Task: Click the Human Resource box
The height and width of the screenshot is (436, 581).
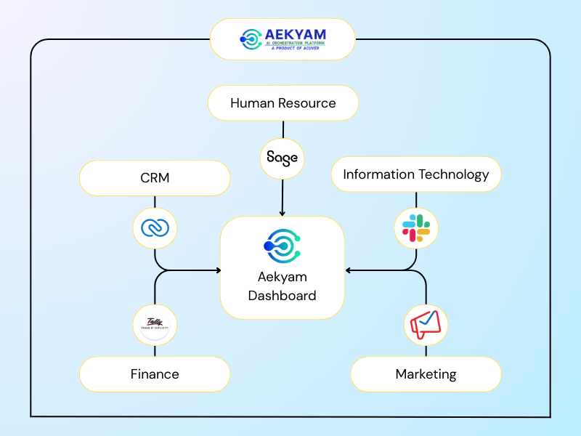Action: (283, 103)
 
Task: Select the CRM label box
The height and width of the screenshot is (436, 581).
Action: (155, 177)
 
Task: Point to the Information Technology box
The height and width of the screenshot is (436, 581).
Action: (416, 174)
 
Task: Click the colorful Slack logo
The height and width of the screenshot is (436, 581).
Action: (416, 228)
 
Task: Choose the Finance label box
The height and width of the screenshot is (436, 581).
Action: (155, 374)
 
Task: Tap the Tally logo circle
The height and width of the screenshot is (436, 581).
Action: (155, 325)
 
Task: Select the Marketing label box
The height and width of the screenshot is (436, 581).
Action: (426, 374)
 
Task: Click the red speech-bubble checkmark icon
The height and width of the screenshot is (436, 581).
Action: (426, 325)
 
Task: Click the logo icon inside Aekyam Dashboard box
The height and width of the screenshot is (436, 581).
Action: (282, 246)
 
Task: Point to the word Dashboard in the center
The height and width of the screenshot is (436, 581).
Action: (282, 296)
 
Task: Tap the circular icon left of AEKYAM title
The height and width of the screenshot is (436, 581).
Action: (251, 39)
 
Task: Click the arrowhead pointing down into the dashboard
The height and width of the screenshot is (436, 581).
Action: (282, 212)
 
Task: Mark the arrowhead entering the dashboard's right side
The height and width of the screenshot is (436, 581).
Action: (349, 270)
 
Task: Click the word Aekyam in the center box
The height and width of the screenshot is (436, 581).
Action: (282, 278)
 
